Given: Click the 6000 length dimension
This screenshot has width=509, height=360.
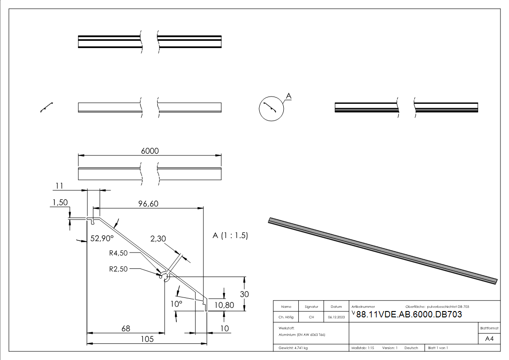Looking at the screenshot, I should [x=150, y=151].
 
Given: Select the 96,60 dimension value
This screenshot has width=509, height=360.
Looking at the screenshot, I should [x=148, y=204].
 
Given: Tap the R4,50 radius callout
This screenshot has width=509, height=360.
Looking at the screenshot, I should [x=119, y=253].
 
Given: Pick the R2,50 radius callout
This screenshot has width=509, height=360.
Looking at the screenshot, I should [x=119, y=268].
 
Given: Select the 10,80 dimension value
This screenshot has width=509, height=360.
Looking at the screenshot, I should [x=224, y=305].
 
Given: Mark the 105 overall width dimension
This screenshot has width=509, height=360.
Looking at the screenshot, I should [x=146, y=339].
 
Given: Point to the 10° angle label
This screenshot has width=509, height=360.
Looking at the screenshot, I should [x=176, y=303].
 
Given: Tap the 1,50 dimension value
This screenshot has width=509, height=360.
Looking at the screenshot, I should [x=60, y=203].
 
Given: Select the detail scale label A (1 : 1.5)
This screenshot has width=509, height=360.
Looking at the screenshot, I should [x=230, y=236].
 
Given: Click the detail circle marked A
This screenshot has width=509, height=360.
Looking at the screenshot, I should [x=270, y=109].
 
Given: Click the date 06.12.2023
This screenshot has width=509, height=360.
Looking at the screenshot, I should [x=336, y=317].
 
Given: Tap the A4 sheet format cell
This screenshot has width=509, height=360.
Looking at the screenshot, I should [x=489, y=339].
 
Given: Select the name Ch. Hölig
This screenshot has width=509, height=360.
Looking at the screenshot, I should [x=286, y=317].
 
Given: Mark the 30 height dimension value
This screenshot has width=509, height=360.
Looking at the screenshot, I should [x=244, y=294].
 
